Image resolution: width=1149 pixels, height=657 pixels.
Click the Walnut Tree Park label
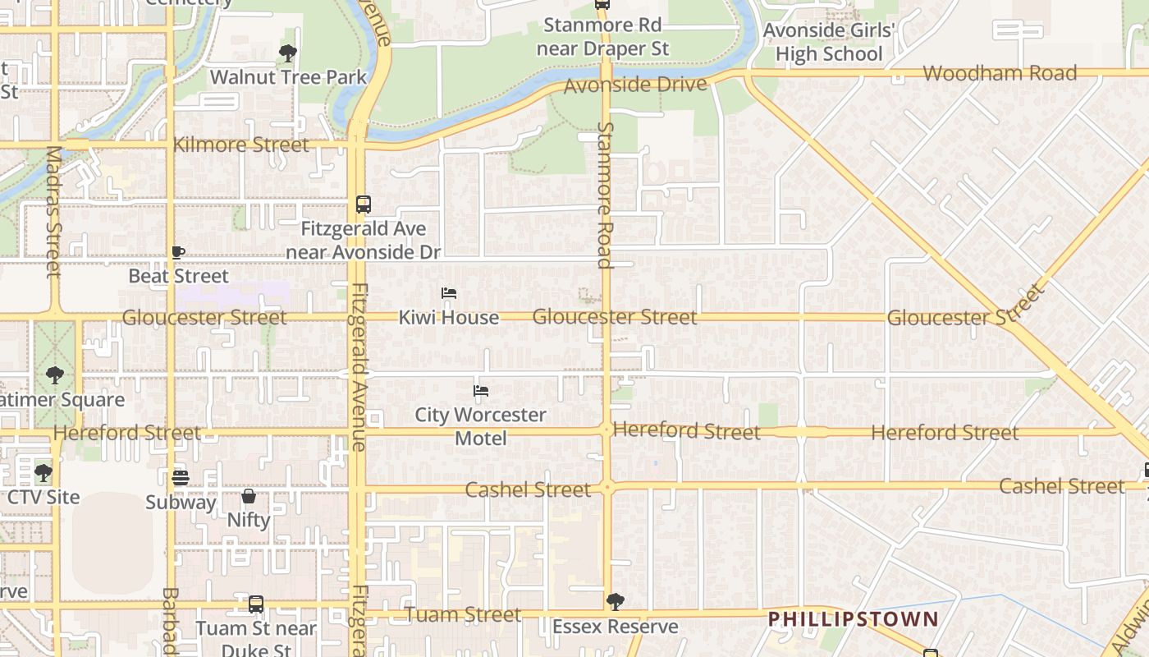pyautogui.click(x=288, y=77)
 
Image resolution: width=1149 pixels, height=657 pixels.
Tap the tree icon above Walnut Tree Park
pyautogui.click(x=288, y=53)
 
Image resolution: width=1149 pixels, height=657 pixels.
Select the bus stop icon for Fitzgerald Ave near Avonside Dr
pyautogui.click(x=363, y=204)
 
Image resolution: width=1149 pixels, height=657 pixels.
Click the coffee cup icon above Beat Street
pyautogui.click(x=178, y=252)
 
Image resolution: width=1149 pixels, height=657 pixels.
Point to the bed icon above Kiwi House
pyautogui.click(x=448, y=293)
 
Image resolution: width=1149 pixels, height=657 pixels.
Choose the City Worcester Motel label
pyautogui.click(x=480, y=426)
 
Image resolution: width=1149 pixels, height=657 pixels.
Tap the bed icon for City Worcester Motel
pyautogui.click(x=481, y=391)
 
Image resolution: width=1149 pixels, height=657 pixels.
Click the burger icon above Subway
pyautogui.click(x=181, y=477)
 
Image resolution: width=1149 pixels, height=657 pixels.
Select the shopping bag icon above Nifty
pyautogui.click(x=249, y=496)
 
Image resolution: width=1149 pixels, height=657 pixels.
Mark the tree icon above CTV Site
pyautogui.click(x=43, y=473)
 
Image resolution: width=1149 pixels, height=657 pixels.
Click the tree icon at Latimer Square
pyautogui.click(x=55, y=375)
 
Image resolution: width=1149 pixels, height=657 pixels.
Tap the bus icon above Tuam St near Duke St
pyautogui.click(x=256, y=604)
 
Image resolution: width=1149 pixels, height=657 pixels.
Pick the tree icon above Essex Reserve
pyautogui.click(x=615, y=602)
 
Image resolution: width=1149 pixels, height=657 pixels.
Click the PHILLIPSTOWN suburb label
pyautogui.click(x=853, y=618)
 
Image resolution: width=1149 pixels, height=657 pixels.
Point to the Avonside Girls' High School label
pyautogui.click(x=828, y=43)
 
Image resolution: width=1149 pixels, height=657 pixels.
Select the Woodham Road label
pyautogui.click(x=1000, y=73)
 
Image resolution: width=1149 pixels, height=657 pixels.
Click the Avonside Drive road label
pyautogui.click(x=635, y=85)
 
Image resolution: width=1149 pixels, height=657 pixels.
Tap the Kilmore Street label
pyautogui.click(x=241, y=145)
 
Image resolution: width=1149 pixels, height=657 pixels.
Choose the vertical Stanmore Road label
pyautogui.click(x=605, y=195)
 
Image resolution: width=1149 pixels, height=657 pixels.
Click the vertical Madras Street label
pyautogui.click(x=54, y=212)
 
